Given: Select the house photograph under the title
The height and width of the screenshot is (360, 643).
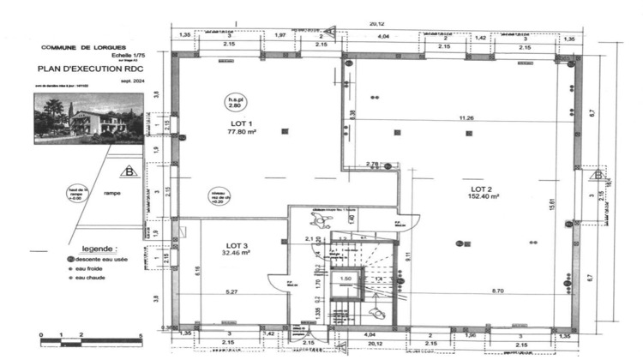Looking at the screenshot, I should pyautogui.click(x=88, y=118).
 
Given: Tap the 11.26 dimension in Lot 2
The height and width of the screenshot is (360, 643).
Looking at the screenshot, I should pyautogui.click(x=466, y=117).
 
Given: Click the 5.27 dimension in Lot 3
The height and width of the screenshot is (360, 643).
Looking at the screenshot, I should pyautogui.click(x=231, y=292).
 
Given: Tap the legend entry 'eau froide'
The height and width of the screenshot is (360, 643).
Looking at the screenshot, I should pyautogui.click(x=89, y=267).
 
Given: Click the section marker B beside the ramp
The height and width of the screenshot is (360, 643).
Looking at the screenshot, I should pyautogui.click(x=129, y=172).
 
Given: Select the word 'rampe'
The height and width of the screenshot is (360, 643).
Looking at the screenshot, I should pyautogui.click(x=111, y=194).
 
